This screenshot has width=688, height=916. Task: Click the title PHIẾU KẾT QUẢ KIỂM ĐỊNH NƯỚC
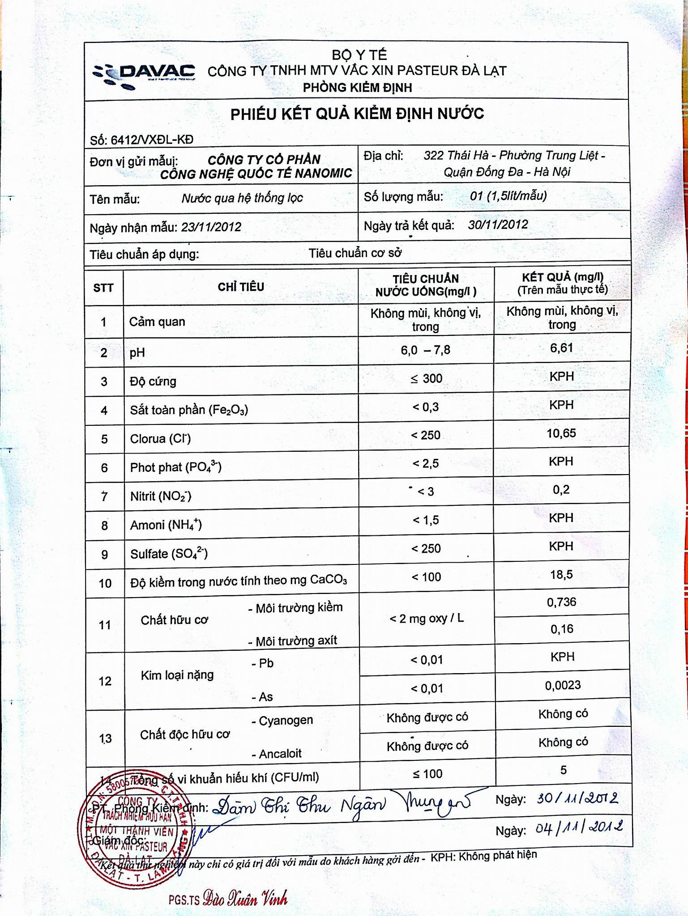tap(357, 114)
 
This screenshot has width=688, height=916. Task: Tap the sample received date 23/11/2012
tap(211, 227)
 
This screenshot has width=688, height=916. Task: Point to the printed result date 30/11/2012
tap(498, 225)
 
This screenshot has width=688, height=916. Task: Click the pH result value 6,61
tap(561, 348)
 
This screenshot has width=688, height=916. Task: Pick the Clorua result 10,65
tap(561, 433)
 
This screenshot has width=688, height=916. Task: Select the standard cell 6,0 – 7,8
tap(425, 350)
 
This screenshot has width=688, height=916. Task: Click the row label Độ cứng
tap(153, 382)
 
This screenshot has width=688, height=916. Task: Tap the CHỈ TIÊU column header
tap(241, 287)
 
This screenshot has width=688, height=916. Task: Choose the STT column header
tap(103, 288)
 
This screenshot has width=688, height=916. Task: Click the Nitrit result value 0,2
tap(561, 490)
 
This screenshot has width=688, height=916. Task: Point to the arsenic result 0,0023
tap(563, 685)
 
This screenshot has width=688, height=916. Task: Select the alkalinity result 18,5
tap(561, 574)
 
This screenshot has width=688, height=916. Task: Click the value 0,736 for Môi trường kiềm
tap(561, 602)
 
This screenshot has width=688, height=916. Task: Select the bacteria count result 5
tap(563, 770)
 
